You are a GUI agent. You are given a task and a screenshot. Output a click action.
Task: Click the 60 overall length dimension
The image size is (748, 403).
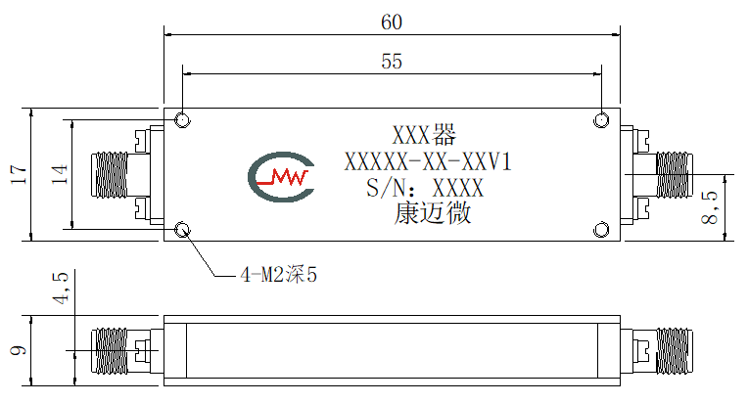pos(392,22)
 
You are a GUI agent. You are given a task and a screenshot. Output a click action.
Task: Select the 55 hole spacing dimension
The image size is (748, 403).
pos(392,62)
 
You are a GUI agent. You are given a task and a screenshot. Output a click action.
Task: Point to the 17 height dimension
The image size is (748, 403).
pos(19,174)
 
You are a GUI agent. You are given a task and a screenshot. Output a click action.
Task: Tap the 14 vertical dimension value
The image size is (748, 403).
pos(60,174)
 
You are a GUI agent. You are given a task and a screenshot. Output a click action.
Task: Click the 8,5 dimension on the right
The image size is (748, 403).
pos(710,207)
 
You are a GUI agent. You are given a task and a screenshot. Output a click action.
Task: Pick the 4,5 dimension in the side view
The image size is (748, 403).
pos(61,288)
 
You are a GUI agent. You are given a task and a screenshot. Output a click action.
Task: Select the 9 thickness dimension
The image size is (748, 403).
pos(19,350)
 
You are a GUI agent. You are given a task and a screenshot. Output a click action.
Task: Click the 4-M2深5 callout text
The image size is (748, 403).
pos(279,275)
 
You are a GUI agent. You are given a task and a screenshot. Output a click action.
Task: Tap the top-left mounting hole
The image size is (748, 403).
pos(182,120)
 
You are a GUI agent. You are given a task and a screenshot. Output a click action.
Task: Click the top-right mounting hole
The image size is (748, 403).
pos(601,120)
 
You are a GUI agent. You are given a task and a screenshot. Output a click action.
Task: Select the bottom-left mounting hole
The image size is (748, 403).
pos(182,230)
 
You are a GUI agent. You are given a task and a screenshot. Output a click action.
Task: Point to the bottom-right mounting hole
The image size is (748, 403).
pos(601,230)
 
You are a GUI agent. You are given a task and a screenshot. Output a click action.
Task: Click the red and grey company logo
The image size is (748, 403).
pos(281,177)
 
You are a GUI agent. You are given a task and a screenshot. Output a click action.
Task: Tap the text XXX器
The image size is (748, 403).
pos(424,135)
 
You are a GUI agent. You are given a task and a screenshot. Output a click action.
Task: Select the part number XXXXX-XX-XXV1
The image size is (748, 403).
pos(428,162)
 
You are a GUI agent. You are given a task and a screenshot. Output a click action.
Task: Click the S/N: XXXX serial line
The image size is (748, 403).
pos(425,188)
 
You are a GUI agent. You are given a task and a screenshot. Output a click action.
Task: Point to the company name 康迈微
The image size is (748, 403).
pos(433,213)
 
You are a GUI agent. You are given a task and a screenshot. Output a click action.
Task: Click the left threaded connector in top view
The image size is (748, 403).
pos(110,174)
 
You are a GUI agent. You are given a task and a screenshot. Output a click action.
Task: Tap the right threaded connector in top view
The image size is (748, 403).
pos(674,175)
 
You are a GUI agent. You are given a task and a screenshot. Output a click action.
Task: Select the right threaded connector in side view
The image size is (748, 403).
pos(674,350)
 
